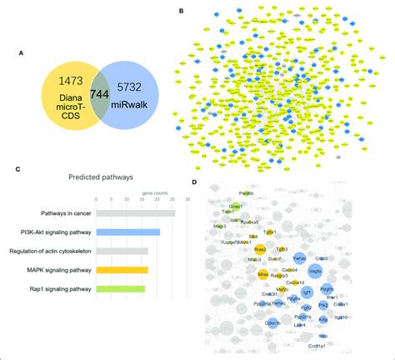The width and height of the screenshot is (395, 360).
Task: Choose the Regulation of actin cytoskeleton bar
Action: coord(122,250)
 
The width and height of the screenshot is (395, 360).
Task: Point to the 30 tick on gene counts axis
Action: coord(187,198)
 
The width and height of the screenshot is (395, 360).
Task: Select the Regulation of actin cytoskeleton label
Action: coord(51,251)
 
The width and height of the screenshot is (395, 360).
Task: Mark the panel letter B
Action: coord(182,12)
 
